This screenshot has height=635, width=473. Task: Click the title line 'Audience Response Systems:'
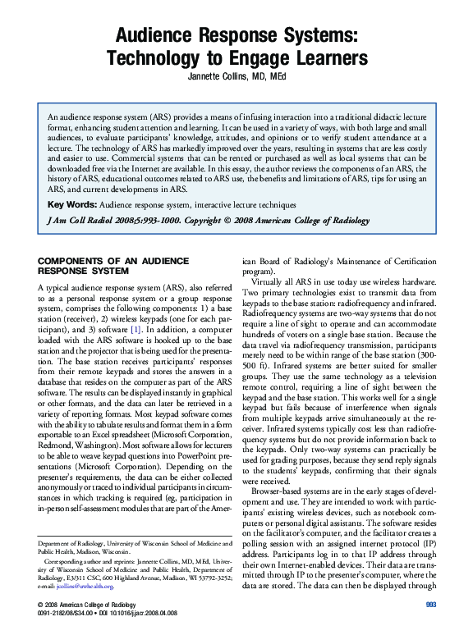236,37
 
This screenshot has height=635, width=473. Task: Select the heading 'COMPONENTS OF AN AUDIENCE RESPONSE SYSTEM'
103,267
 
